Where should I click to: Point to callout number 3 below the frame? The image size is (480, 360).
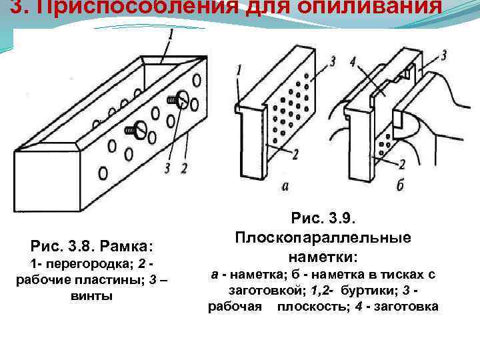[x=167, y=167]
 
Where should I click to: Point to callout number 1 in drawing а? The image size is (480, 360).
[x=239, y=70]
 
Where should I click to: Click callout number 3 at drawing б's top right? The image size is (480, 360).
[x=443, y=55]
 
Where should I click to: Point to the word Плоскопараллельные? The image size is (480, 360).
[x=323, y=237]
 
